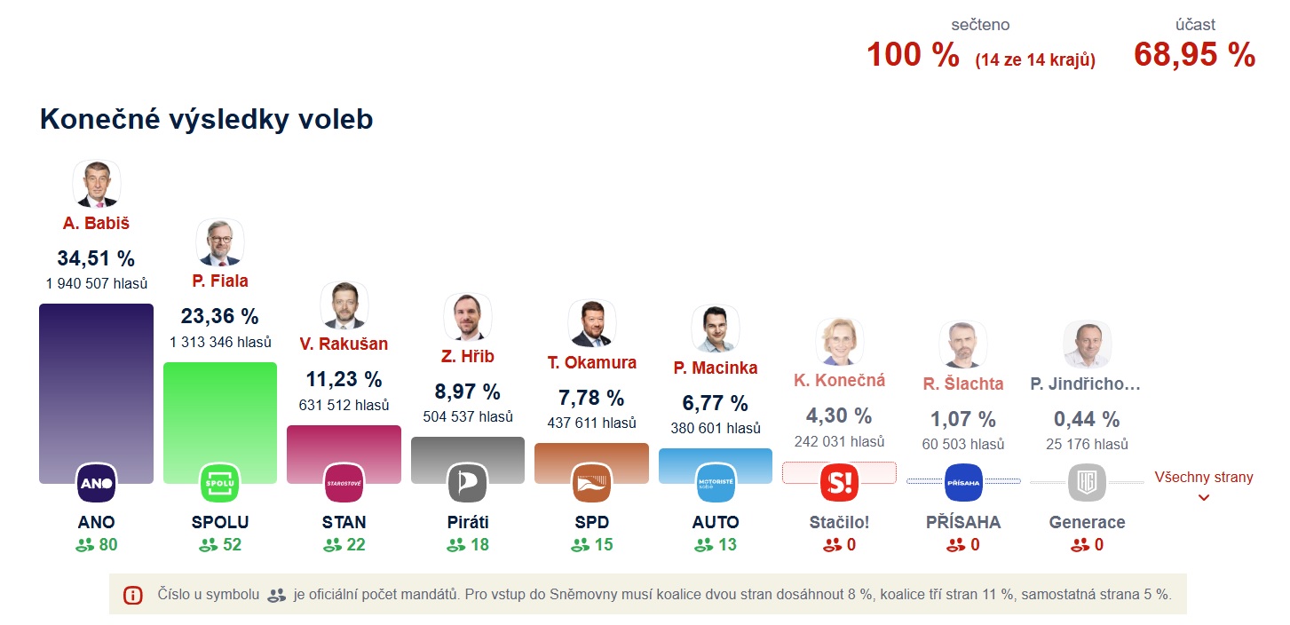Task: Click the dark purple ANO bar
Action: point(96,382)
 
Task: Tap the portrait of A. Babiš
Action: point(96,185)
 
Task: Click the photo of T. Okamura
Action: point(591,324)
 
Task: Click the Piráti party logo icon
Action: point(467,483)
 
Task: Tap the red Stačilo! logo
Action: point(839,483)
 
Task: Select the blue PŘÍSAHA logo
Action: point(963,483)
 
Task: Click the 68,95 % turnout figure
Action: point(1194,55)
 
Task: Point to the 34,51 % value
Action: point(96,258)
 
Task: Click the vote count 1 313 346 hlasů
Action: point(220,342)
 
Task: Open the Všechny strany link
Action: point(1203,478)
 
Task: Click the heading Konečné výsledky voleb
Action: point(206,120)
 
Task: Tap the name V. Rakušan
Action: point(344,344)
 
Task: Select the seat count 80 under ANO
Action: point(107,544)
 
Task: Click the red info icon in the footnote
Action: point(132,595)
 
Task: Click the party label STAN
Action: point(344,522)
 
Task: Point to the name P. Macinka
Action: point(715,368)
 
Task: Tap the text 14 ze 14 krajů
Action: point(1034,60)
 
